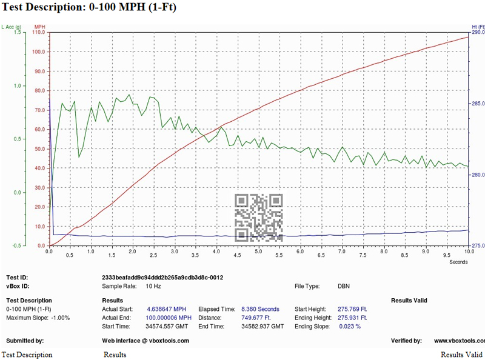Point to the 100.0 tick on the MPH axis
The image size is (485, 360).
click(39, 52)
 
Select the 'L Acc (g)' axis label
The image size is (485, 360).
click(12, 27)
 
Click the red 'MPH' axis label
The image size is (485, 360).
click(40, 27)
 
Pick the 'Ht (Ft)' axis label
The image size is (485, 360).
click(478, 27)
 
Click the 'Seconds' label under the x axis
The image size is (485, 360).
click(459, 262)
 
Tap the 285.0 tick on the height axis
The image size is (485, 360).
click(478, 104)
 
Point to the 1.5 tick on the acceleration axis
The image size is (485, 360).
click(17, 32)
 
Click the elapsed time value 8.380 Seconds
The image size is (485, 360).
click(261, 309)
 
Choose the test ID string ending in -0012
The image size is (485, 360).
click(163, 278)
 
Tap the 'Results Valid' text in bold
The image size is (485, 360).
click(409, 301)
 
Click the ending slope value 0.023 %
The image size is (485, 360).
click(349, 326)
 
